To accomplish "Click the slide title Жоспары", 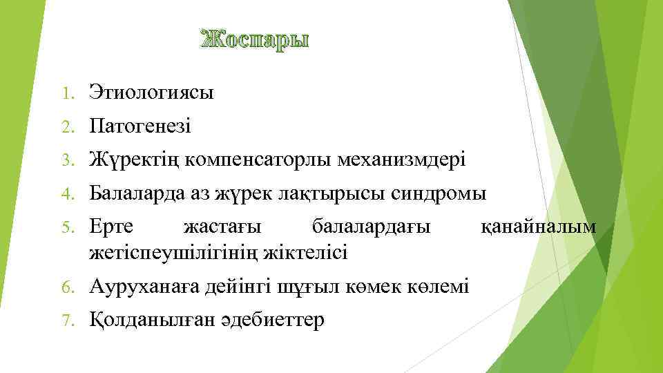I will pyautogui.click(x=255, y=40).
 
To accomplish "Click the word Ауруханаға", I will pyautogui.click(x=145, y=286).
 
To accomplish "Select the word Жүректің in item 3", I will pyautogui.click(x=131, y=160).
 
